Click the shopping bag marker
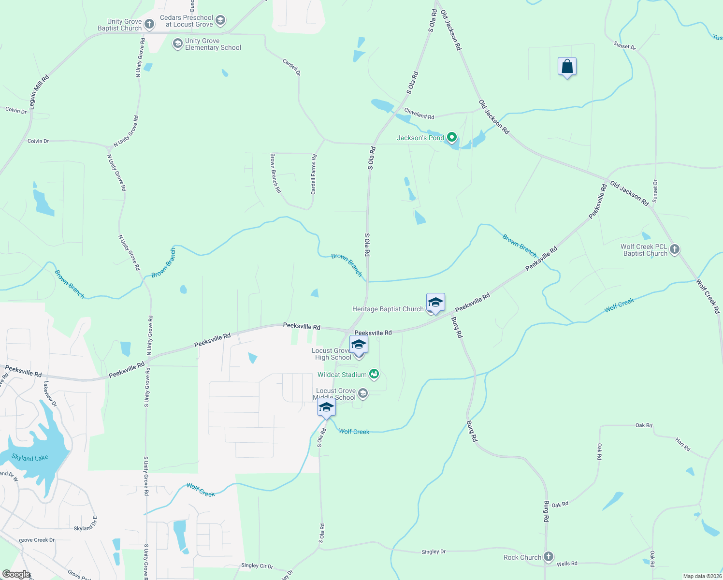pos(567,67)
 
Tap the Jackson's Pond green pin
pos(452,138)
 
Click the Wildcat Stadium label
pos(342,375)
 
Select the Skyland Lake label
pos(30,458)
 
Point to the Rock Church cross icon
pos(548,557)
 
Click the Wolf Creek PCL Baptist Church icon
pos(675,249)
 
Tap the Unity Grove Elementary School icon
pos(177,44)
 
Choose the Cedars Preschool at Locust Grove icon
pos(220,21)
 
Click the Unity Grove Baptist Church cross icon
pos(150,24)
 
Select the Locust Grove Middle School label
pos(336,394)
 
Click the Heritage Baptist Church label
pos(388,309)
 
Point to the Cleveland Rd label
pos(419,114)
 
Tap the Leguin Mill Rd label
pos(39,92)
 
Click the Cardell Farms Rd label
pos(314,174)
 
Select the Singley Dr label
pos(434,551)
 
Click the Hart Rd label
pos(682,444)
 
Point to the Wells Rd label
pos(567,564)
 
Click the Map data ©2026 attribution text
pos(702,576)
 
